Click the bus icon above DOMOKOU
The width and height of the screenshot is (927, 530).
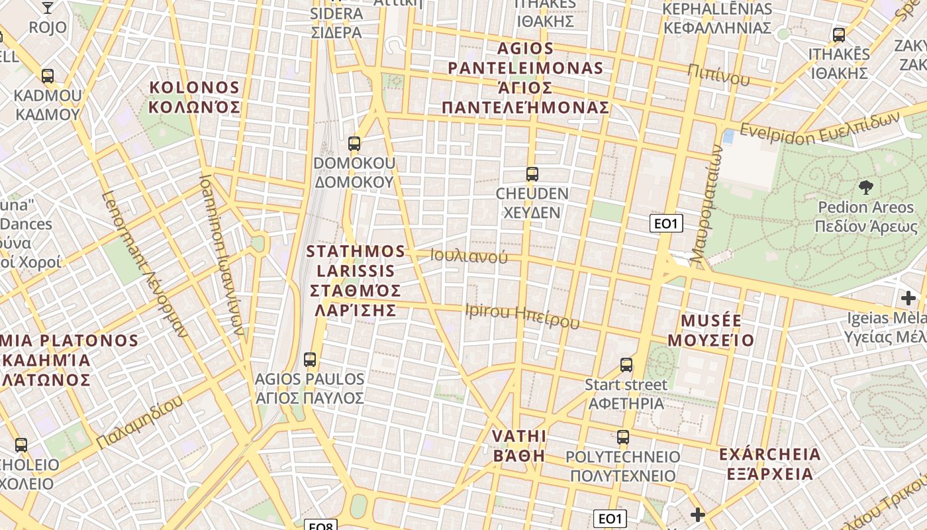(x=354, y=143)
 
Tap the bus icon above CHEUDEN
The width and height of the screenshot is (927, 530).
(x=532, y=174)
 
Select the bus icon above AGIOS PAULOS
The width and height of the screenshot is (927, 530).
(x=309, y=360)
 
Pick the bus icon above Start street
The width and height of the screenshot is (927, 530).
(x=626, y=364)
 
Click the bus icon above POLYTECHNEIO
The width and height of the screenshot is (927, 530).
(x=623, y=437)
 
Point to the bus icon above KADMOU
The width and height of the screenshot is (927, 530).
(x=47, y=76)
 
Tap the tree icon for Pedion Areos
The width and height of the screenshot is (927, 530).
(x=865, y=187)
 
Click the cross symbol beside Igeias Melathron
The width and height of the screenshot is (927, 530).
(x=908, y=297)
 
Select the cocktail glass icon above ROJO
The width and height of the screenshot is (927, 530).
(x=48, y=7)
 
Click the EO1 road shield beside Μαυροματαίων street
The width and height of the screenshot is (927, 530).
(x=666, y=223)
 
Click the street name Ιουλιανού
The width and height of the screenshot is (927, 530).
(x=469, y=256)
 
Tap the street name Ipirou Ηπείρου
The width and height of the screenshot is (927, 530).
(x=522, y=316)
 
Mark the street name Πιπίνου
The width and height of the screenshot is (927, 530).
(x=718, y=76)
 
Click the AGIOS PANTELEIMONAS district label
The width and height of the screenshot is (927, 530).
(x=526, y=78)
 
